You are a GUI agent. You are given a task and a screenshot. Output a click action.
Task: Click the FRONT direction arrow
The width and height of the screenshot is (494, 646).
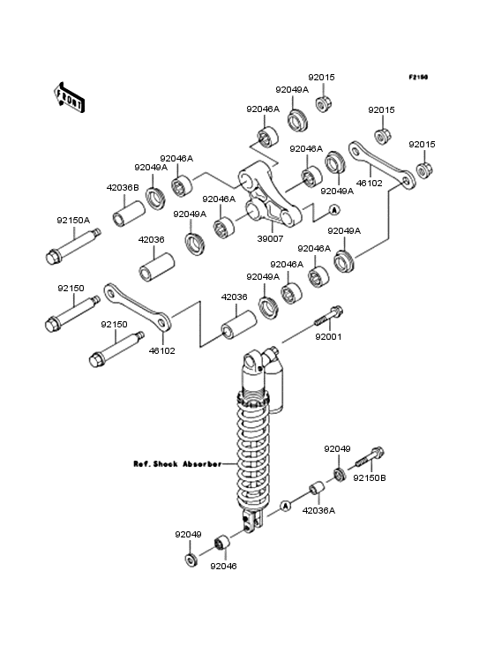pyautogui.click(x=69, y=97)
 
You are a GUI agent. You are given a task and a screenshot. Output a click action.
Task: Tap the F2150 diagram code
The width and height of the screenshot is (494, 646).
pyautogui.click(x=418, y=77)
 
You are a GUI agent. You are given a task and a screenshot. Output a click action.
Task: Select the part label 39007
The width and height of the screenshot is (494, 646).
pyautogui.click(x=270, y=238)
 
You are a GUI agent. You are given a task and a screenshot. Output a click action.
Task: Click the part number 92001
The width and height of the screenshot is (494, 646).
pyautogui.click(x=328, y=336)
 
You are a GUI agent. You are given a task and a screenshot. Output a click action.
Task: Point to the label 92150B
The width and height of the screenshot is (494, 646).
pyautogui.click(x=370, y=478)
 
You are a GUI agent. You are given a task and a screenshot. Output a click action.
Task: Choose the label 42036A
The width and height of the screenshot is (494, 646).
pyautogui.click(x=318, y=510)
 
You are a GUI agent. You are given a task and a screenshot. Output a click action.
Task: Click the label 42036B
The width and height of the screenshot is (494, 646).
pyautogui.click(x=123, y=187)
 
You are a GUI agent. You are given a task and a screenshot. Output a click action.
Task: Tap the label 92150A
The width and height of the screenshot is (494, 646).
pyautogui.click(x=73, y=221)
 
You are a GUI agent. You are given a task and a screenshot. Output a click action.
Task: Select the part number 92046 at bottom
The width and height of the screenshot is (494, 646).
pyautogui.click(x=223, y=566)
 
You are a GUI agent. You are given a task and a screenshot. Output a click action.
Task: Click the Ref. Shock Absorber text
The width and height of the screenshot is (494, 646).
pyautogui.click(x=177, y=464)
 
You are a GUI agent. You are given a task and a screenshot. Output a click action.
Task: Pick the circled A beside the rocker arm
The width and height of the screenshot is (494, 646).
pyautogui.click(x=334, y=210)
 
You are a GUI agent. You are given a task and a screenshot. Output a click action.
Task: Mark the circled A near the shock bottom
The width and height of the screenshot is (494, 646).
pyautogui.click(x=285, y=505)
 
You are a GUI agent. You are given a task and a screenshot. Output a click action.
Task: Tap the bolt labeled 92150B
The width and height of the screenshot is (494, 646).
pyautogui.click(x=369, y=457)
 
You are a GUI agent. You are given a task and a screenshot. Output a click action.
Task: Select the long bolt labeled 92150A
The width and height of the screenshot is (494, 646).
pyautogui.click(x=73, y=246)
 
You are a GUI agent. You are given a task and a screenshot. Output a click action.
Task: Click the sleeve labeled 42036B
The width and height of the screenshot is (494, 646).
pyautogui.click(x=129, y=214)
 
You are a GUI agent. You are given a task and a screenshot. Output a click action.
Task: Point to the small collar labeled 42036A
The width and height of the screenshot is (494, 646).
pyautogui.click(x=317, y=488)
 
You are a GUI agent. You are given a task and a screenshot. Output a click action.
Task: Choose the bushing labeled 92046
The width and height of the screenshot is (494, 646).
pyautogui.click(x=222, y=542)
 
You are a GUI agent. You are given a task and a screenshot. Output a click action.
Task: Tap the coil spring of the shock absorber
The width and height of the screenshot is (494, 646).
pyautogui.click(x=253, y=449)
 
